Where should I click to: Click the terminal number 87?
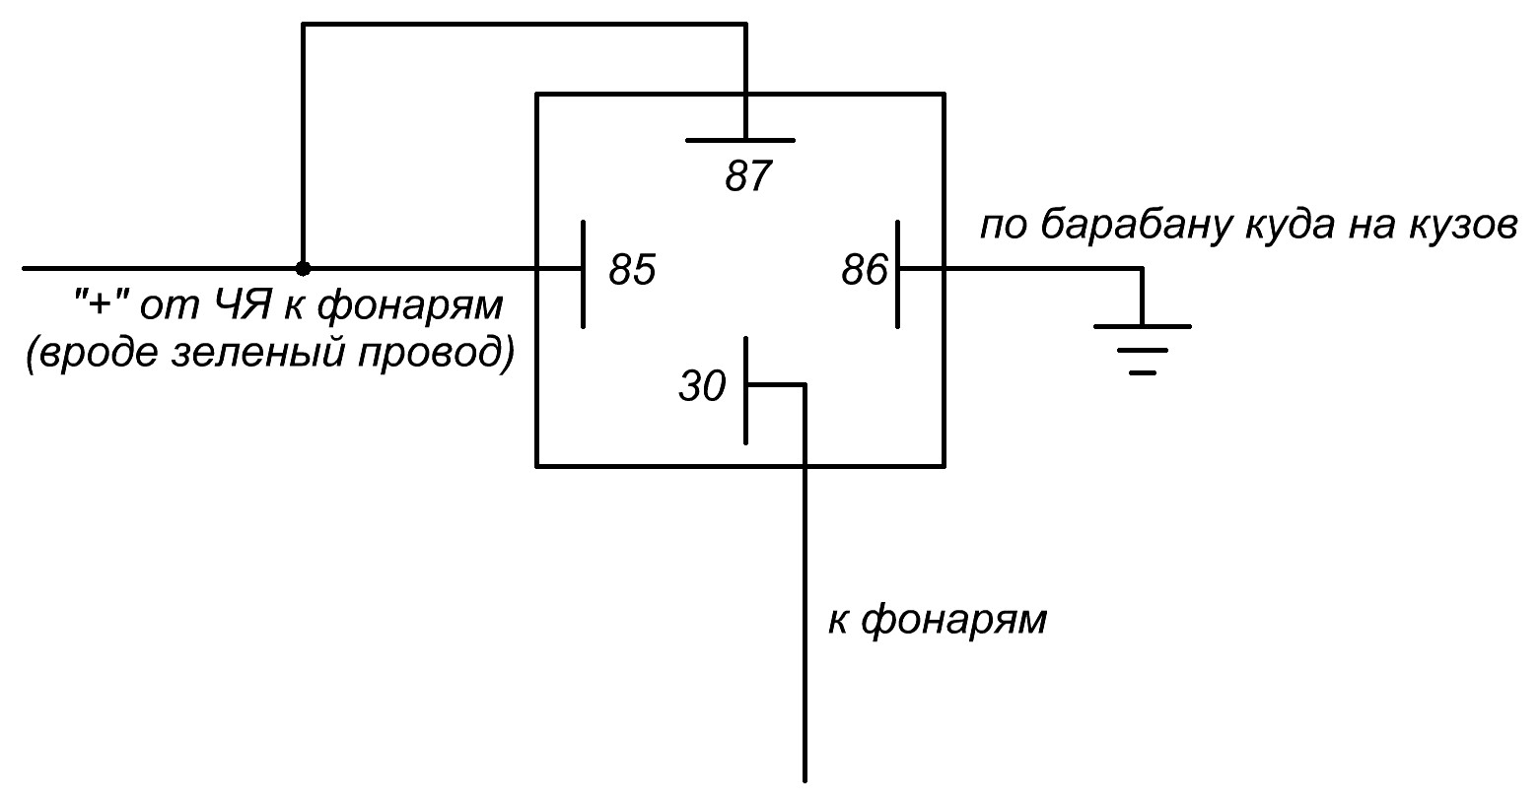tap(746, 178)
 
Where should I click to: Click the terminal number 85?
tap(632, 270)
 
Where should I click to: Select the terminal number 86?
tap(865, 270)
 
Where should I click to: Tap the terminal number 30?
tap(702, 387)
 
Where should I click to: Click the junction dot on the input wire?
tap(304, 268)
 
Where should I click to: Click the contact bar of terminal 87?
tap(740, 140)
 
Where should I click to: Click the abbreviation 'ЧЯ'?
tap(240, 306)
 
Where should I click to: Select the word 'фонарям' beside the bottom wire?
tap(952, 621)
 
